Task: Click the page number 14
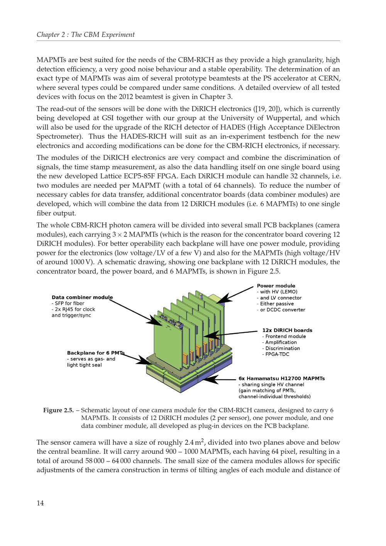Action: tap(40, 503)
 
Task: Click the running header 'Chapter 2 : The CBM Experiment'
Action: tap(86, 35)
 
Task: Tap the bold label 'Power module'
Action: tap(276, 286)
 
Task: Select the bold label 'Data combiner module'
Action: tap(82, 297)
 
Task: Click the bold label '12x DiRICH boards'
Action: tap(287, 330)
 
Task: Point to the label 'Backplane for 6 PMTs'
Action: tap(96, 353)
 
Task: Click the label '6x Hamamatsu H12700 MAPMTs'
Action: tap(281, 378)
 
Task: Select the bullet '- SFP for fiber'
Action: tap(68, 303)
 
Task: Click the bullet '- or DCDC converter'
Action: tap(281, 310)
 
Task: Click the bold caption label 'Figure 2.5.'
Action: tap(58, 410)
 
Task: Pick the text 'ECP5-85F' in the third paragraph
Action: tap(138, 176)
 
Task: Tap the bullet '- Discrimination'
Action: tap(281, 348)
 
